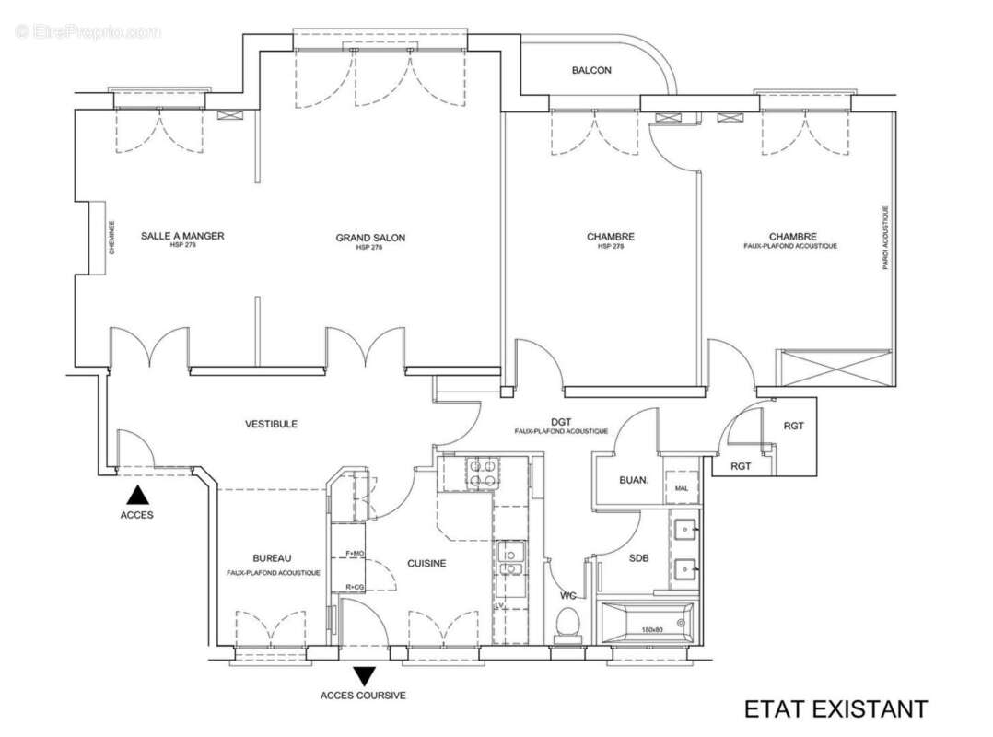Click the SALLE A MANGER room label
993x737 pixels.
(182, 237)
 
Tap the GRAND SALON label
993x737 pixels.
(370, 238)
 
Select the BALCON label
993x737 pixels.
(590, 70)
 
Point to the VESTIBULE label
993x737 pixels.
(271, 424)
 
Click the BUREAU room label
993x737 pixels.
(272, 558)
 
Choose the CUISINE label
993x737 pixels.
(426, 563)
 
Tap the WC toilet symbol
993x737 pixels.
(567, 626)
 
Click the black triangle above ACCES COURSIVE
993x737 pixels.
(364, 676)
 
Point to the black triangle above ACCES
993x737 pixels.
(136, 495)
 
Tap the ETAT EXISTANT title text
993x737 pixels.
(835, 708)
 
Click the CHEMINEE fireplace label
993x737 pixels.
(112, 238)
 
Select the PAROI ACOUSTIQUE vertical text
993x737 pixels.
(885, 238)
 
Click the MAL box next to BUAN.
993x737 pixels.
(682, 488)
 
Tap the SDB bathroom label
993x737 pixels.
(638, 558)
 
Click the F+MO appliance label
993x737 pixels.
(355, 553)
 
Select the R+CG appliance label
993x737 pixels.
(355, 587)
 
